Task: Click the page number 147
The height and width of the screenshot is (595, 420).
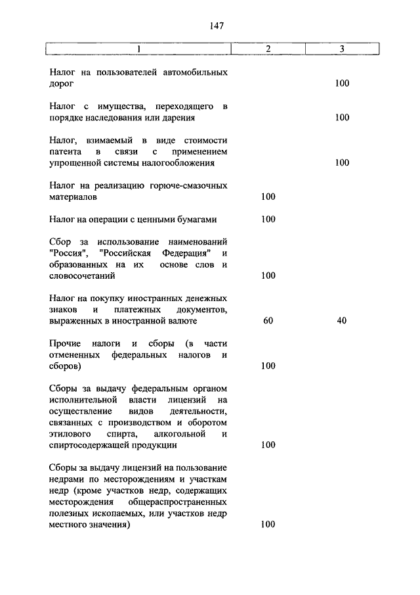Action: point(217,26)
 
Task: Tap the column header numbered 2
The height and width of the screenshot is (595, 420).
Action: point(268,49)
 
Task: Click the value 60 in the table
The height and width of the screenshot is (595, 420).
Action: point(268,321)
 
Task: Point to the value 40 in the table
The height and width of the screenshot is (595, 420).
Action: point(342,321)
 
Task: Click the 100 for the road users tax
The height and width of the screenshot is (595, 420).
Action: point(342,83)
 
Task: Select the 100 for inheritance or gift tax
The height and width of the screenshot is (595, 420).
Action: point(342,118)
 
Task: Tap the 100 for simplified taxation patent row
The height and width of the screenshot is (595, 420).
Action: point(342,162)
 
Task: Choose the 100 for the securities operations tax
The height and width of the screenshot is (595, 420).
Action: point(268,219)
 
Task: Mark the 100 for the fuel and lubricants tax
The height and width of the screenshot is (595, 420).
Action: point(268,197)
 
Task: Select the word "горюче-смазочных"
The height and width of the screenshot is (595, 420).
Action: point(190,185)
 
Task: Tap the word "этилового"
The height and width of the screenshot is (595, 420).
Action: point(70,434)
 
